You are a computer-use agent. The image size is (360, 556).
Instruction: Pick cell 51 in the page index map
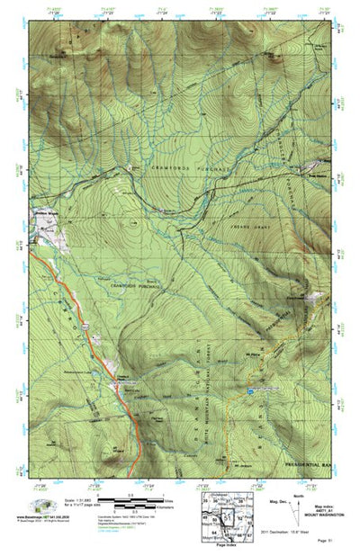click(x=227, y=517)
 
